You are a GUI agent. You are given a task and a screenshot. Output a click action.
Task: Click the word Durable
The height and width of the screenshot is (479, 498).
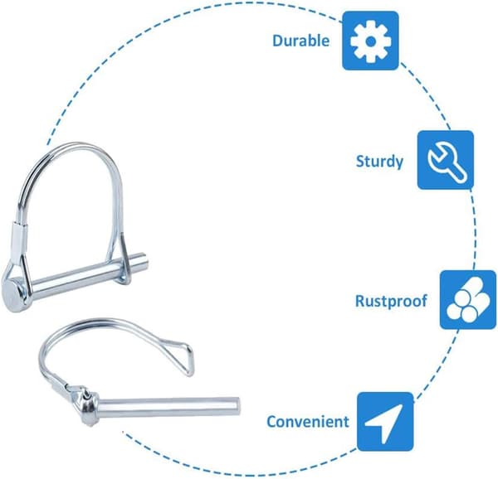pyautogui.click(x=300, y=41)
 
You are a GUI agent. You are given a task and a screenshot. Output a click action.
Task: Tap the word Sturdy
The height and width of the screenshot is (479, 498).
pyautogui.click(x=379, y=162)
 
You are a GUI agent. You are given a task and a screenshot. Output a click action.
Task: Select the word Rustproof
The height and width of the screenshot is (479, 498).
pyautogui.click(x=391, y=301)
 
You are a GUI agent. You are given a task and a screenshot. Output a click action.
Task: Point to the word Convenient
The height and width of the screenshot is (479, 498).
pyautogui.click(x=308, y=422)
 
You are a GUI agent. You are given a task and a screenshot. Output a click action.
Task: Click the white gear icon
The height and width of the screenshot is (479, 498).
pyautogui.click(x=370, y=41)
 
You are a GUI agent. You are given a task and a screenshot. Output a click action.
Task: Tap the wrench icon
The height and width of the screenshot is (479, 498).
pyautogui.click(x=447, y=162)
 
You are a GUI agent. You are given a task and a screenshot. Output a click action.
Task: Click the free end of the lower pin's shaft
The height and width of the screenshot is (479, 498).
pyautogui.click(x=237, y=406)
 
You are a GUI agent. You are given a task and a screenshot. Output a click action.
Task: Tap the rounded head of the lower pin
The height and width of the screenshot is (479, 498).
pyautogui.click(x=88, y=406)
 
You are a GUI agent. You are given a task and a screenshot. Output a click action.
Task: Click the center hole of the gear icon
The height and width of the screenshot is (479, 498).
pyautogui.click(x=370, y=41)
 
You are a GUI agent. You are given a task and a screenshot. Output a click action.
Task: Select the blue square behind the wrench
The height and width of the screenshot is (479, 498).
pyautogui.click(x=445, y=160)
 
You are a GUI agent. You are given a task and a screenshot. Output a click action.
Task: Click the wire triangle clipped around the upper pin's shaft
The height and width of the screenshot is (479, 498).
pyautogui.click(x=124, y=259)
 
